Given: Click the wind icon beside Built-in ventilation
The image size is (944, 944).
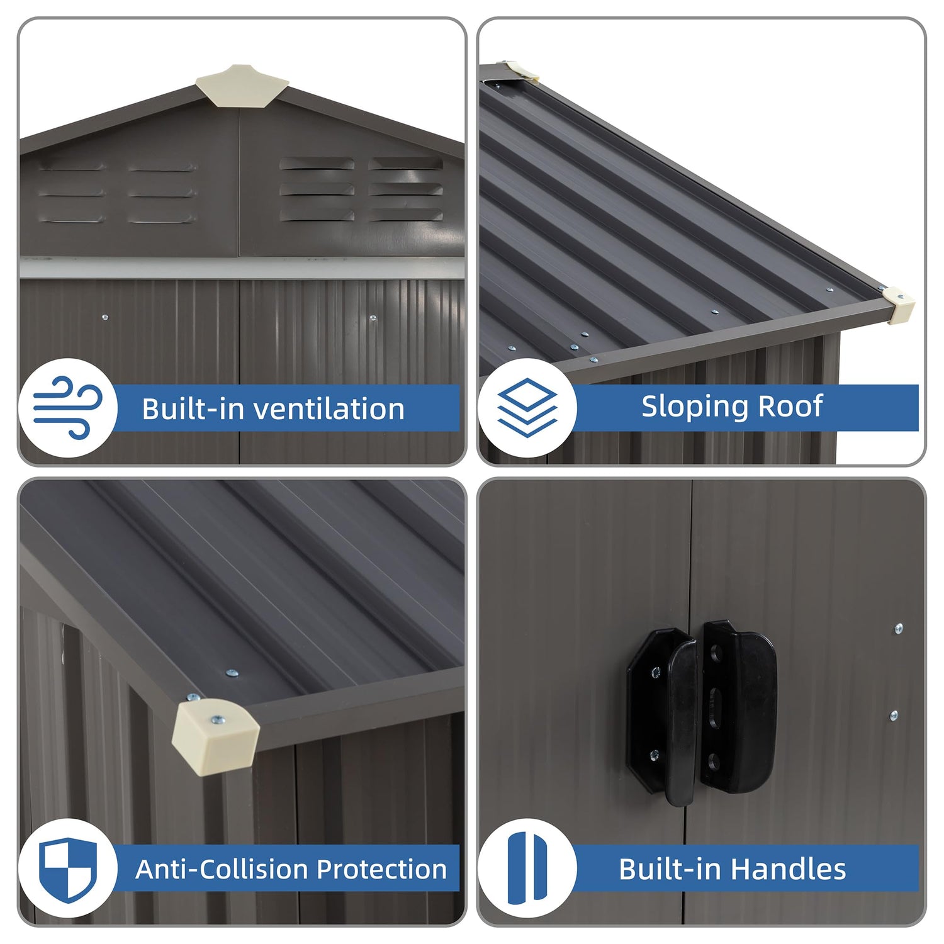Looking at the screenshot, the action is click(68, 407).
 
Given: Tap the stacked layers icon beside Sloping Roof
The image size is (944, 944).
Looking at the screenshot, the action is click(527, 408).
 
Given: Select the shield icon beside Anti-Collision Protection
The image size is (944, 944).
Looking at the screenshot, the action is click(68, 869).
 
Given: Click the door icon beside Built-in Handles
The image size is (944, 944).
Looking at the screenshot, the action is click(527, 868).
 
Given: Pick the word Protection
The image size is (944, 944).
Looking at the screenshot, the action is click(381, 869).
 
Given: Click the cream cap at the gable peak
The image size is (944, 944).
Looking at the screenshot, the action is click(242, 85).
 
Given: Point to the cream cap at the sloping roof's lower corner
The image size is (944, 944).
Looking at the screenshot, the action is click(898, 305).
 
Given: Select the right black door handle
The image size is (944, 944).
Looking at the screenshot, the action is click(739, 706).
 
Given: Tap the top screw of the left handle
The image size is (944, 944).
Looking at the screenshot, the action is click(656, 673).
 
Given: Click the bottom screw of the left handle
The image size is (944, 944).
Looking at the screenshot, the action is click(655, 755).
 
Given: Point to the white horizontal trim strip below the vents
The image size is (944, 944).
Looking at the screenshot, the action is click(242, 268).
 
